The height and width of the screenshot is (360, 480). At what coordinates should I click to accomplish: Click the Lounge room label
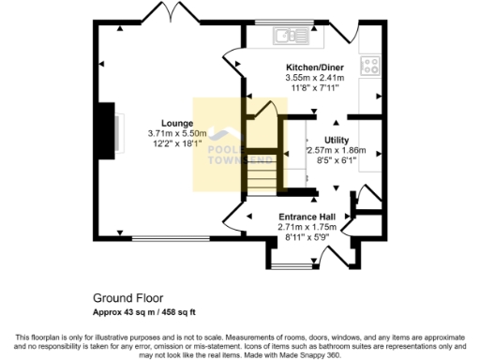coord(176,123)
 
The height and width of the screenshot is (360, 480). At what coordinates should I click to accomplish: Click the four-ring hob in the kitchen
coord(370,66)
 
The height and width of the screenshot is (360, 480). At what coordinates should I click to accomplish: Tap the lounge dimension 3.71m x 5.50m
coord(176,134)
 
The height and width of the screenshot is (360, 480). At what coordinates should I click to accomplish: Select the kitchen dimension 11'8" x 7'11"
coord(315,88)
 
